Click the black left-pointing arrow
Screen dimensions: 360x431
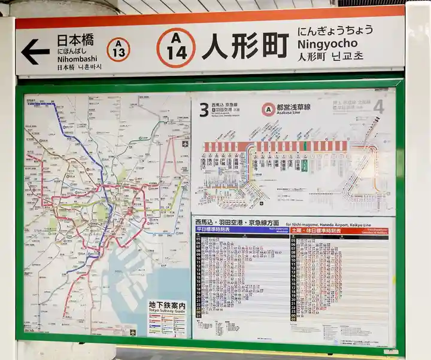point(35,52)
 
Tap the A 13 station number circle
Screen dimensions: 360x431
point(119,50)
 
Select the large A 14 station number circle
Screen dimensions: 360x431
point(176,47)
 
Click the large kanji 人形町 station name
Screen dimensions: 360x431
point(245,46)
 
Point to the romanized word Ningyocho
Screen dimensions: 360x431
point(327,43)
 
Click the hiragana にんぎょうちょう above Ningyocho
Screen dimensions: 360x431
point(335,30)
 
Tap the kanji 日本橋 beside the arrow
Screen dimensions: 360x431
point(75,41)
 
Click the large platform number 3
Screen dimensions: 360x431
point(204,109)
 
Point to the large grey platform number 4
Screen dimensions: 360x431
point(378,107)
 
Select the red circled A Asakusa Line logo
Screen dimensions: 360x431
point(269,109)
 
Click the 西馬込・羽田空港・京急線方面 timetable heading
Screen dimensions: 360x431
point(237,222)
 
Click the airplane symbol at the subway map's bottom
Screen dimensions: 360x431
point(133,331)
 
